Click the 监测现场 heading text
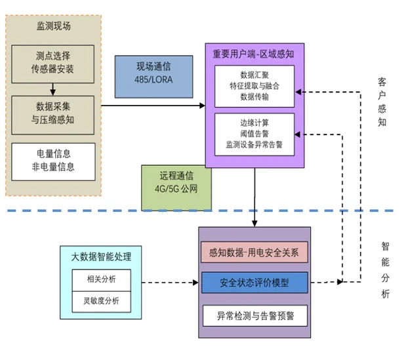click(53, 26)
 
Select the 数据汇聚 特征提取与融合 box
click(254, 86)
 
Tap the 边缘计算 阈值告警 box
click(254, 134)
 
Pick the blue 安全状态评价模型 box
click(254, 283)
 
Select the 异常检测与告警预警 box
click(254, 315)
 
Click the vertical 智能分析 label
click(385, 270)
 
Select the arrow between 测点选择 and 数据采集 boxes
click(53, 86)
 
